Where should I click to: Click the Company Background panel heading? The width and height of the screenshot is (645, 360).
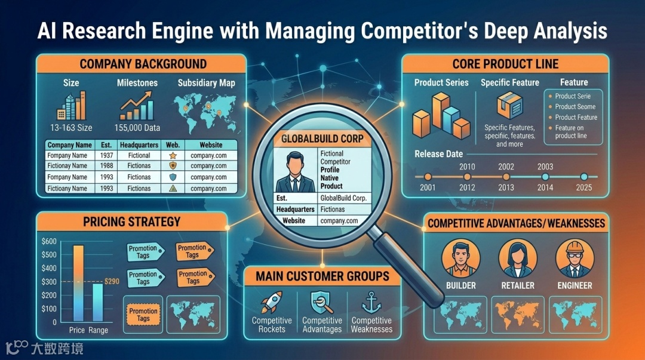pyautogui.click(x=143, y=64)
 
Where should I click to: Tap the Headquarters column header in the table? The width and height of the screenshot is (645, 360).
pyautogui.click(x=139, y=144)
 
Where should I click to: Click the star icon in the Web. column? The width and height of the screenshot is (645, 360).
pyautogui.click(x=173, y=155)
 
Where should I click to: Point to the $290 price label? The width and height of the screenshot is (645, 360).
pyautogui.click(x=112, y=281)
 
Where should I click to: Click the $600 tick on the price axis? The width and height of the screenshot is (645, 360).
pyautogui.click(x=50, y=241)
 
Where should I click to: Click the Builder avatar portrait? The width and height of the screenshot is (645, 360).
pyautogui.click(x=460, y=257)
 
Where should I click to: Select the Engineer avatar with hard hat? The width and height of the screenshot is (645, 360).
pyautogui.click(x=574, y=257)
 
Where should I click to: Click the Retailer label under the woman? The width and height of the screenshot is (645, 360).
pyautogui.click(x=517, y=285)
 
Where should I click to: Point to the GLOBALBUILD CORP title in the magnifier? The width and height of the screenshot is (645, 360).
pyautogui.click(x=322, y=139)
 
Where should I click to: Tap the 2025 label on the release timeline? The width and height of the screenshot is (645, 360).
pyautogui.click(x=583, y=187)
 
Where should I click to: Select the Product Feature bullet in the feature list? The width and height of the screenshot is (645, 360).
pyautogui.click(x=576, y=117)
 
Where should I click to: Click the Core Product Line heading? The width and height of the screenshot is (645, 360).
pyautogui.click(x=505, y=64)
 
